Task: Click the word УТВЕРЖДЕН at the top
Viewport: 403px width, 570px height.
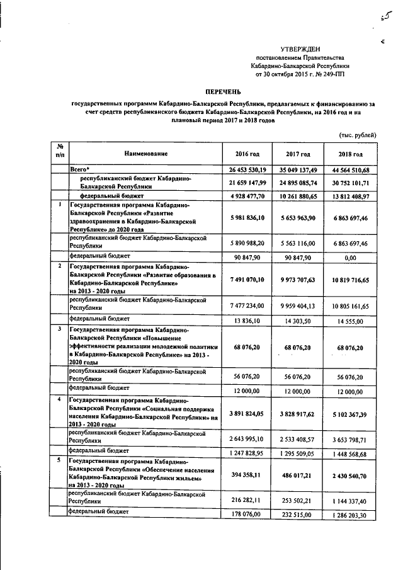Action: (300, 48)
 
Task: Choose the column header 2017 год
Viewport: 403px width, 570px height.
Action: (297, 154)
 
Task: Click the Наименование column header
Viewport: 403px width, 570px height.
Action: (145, 153)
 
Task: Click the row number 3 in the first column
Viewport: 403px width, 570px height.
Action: (59, 329)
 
